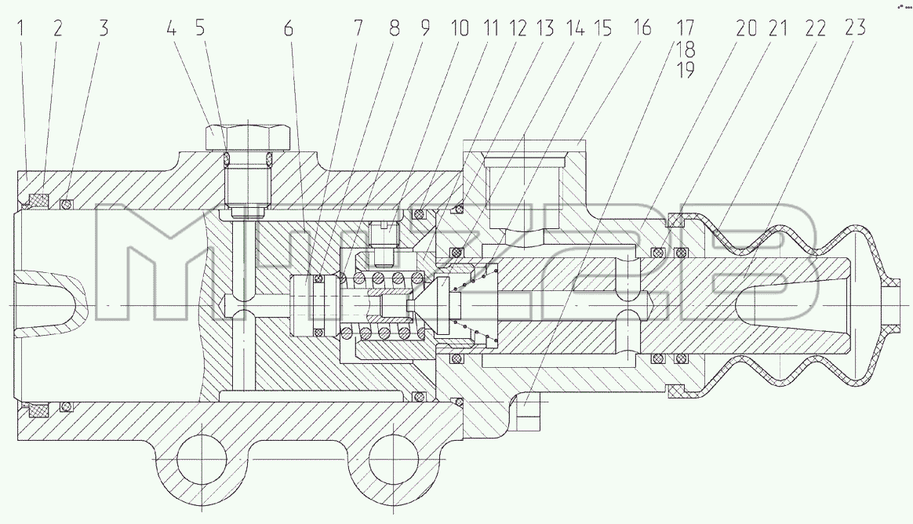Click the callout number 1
tap(20, 28)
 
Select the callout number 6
tap(289, 28)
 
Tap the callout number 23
tap(854, 28)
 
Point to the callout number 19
tap(686, 70)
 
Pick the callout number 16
tap(642, 28)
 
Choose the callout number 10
tap(460, 28)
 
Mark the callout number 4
tap(171, 28)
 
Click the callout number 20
tap(746, 28)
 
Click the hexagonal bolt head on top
tap(248, 136)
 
